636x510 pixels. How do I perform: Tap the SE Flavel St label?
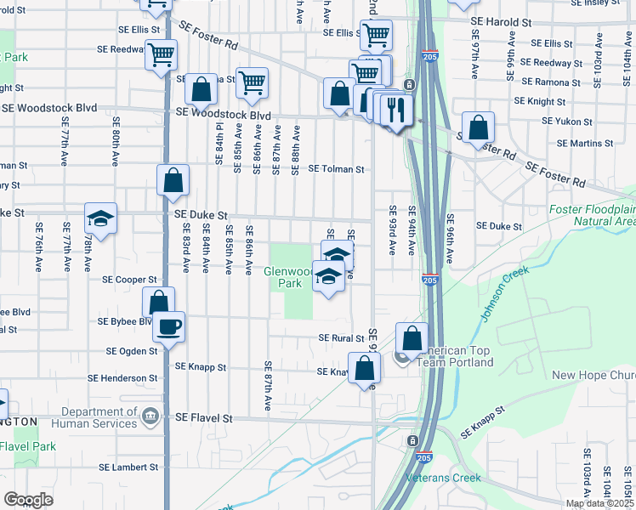point(203,418)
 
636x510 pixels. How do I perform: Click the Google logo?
point(28,500)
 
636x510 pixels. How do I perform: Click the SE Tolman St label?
point(336,169)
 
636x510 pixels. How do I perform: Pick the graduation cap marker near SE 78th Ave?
point(100,219)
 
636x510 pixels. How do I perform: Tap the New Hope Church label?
point(593,376)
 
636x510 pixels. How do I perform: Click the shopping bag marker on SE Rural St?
point(412,337)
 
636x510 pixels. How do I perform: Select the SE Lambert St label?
point(128,467)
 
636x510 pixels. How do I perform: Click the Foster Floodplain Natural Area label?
point(592,215)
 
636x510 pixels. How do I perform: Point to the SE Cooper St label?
point(129,279)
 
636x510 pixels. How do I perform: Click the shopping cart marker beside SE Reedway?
point(160,54)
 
